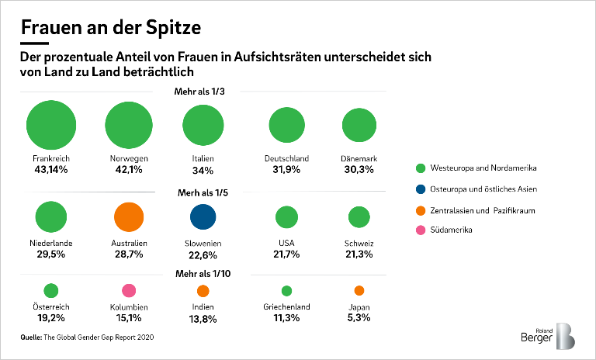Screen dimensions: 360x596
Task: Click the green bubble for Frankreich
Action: coord(52,124)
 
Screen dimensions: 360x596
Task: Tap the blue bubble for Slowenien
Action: coord(202,217)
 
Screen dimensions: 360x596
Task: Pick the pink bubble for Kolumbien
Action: coord(129,290)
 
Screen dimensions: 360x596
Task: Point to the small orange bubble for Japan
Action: coord(359,291)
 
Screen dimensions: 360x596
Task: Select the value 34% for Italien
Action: coord(203,170)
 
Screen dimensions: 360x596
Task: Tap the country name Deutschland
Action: coord(287,158)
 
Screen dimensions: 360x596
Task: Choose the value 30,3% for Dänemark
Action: coord(359,170)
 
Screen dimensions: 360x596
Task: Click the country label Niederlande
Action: coord(52,243)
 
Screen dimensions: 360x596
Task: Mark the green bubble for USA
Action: coord(287,217)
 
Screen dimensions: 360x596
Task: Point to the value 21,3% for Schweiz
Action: coord(359,254)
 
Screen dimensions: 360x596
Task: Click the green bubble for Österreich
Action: coord(51,291)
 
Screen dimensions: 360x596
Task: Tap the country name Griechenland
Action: coord(287,307)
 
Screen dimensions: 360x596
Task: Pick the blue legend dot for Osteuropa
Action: coord(421,189)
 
